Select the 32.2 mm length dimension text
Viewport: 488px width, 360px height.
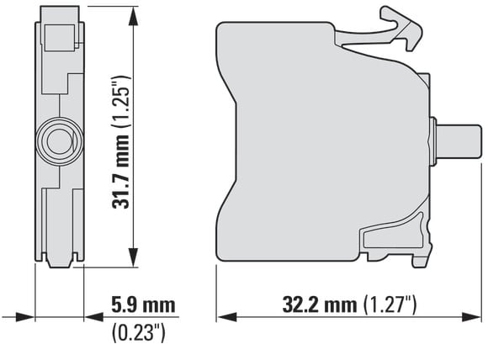tap(319, 304)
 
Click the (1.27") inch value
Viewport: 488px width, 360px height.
tap(390, 304)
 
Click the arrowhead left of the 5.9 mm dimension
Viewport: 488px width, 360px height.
tap(25, 318)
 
